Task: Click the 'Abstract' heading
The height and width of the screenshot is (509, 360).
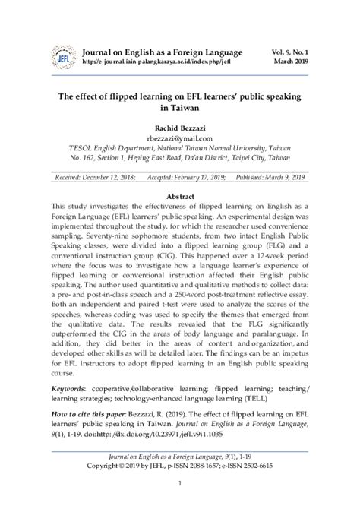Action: (180, 195)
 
